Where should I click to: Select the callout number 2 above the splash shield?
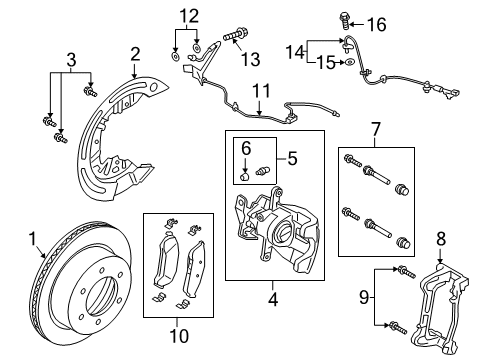coord(135,54)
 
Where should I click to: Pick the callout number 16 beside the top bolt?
coord(461,23)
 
